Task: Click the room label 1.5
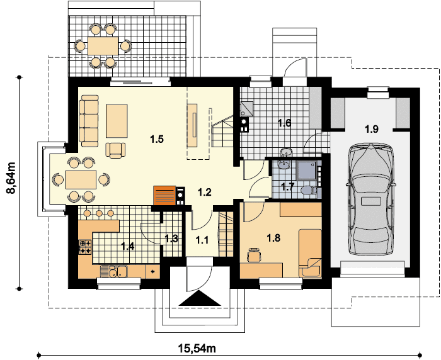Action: (157, 139)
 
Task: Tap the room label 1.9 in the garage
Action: (372, 129)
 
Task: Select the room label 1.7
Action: (288, 186)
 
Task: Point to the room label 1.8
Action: (273, 239)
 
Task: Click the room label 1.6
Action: (284, 123)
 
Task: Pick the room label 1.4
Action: (128, 247)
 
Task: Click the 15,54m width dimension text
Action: (197, 349)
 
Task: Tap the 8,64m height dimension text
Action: (11, 178)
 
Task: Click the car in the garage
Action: (371, 200)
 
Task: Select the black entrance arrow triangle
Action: (200, 298)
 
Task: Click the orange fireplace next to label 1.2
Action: (164, 196)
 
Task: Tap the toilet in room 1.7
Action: (308, 191)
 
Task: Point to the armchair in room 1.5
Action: (115, 150)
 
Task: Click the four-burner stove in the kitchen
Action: (86, 247)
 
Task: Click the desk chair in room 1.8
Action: (254, 255)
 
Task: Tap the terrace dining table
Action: (103, 46)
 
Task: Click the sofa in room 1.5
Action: (89, 121)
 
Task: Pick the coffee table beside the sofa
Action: (117, 121)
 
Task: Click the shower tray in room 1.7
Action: (307, 170)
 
